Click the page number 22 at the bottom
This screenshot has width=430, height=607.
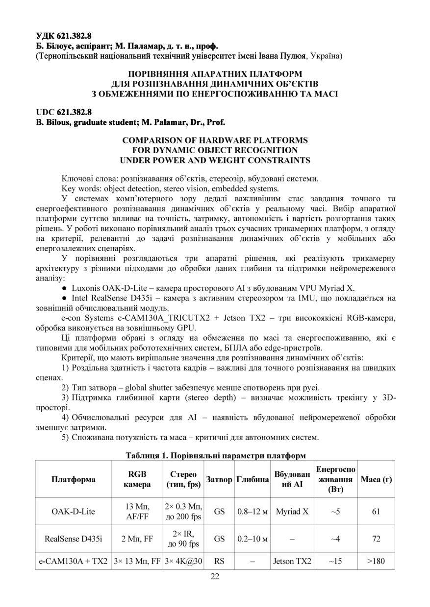tap(215, 576)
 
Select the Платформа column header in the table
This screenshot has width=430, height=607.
tap(74, 479)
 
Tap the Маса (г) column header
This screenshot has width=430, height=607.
tap(376, 479)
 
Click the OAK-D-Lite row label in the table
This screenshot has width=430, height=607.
tap(74, 512)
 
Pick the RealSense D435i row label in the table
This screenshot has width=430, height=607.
tap(74, 539)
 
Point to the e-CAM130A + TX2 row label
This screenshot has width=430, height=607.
tap(74, 561)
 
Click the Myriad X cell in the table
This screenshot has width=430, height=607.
tap(292, 512)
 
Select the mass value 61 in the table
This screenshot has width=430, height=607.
tap(376, 512)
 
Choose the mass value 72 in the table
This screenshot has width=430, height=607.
tap(376, 539)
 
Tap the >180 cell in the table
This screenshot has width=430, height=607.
tap(376, 561)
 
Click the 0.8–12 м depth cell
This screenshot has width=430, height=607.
tap(253, 512)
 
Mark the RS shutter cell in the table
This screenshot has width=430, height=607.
tap(219, 561)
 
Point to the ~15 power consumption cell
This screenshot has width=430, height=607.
tap(335, 561)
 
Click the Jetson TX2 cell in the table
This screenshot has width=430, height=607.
tap(292, 561)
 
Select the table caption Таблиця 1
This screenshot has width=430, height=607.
tap(145, 455)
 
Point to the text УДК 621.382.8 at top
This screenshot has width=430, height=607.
tap(64, 36)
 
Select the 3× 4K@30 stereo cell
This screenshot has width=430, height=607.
tap(184, 561)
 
